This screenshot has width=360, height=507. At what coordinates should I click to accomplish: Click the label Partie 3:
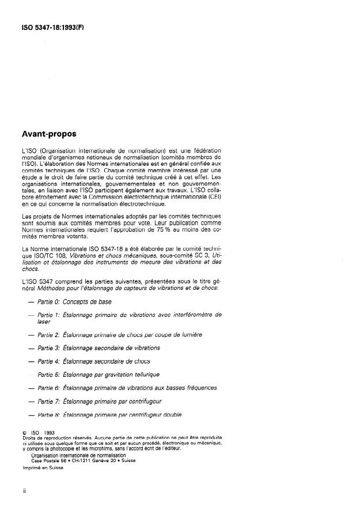point(49,347)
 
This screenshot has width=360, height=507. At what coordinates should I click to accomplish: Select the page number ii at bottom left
point(24,492)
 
